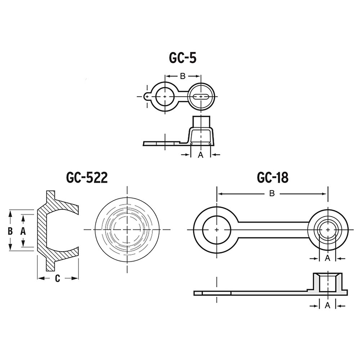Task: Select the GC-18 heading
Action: [x=273, y=177]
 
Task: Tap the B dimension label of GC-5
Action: [x=183, y=76]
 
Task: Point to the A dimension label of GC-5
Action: [x=201, y=155]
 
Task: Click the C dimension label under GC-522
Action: [x=58, y=278]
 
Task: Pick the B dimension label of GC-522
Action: [x=10, y=231]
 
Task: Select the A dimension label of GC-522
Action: [x=23, y=231]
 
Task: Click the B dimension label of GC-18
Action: [x=272, y=194]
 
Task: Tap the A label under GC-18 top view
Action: [x=328, y=258]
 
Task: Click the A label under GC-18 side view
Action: [x=328, y=305]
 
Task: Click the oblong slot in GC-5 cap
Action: [x=201, y=96]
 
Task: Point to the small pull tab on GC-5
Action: [x=147, y=96]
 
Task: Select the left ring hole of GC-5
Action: [x=165, y=96]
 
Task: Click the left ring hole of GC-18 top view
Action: [x=216, y=229]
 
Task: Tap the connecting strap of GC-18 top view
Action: [x=274, y=229]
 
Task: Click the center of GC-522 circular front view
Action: [x=127, y=229]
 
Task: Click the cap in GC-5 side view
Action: [x=201, y=131]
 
